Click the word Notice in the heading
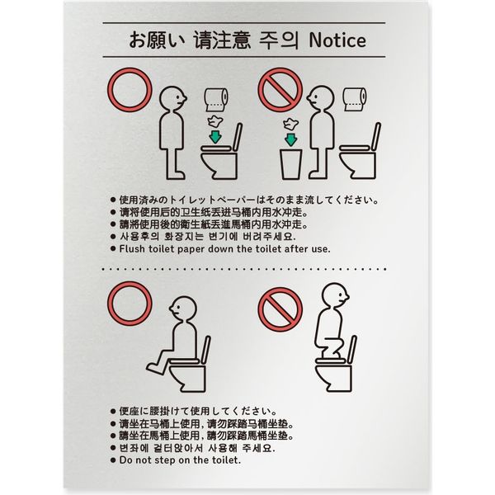pos(337,40)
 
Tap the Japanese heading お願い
pos(156,40)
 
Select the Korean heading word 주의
pos(278,40)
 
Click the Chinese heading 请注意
pos(222,40)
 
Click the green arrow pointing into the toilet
pos(215,136)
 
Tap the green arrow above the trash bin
pos(290,139)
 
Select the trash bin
pos(290,164)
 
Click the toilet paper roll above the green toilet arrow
pos(216,100)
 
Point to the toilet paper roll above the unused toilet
pos(355,99)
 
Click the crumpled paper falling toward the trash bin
pos(290,124)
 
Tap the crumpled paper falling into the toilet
pos(214,120)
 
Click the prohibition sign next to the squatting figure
pos(280,309)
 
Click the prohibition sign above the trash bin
pos(280,90)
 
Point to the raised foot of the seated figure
pos(155,369)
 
